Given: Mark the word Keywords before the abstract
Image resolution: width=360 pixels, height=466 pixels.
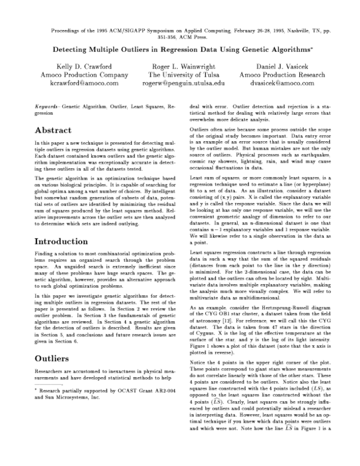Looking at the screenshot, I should click(47, 106).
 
